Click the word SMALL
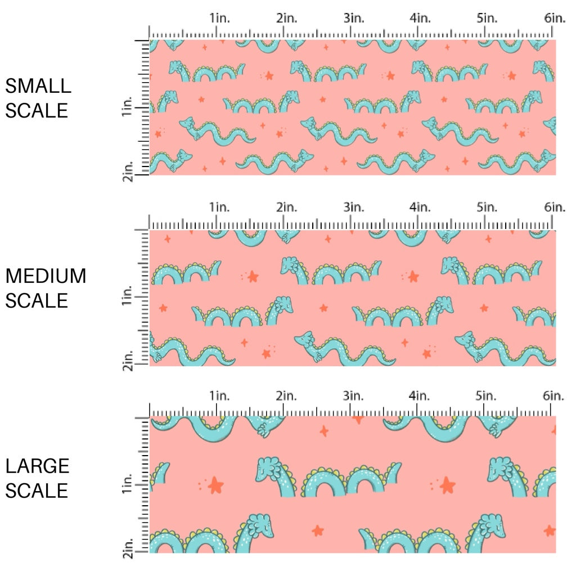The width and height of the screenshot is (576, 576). (x=38, y=86)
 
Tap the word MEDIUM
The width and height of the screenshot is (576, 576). (x=46, y=276)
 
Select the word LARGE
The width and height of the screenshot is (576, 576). (x=38, y=466)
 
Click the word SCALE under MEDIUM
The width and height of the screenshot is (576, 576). (x=37, y=300)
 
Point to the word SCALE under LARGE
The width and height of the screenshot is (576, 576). (x=37, y=490)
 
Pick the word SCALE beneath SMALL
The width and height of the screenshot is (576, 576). (x=37, y=110)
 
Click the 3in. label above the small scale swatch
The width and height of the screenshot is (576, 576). (x=354, y=18)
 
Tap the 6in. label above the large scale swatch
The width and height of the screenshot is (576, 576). (x=554, y=396)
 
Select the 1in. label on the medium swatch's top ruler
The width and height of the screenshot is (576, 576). (x=220, y=207)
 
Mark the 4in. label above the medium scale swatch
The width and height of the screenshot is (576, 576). (x=420, y=207)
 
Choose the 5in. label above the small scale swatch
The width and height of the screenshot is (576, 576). (x=487, y=18)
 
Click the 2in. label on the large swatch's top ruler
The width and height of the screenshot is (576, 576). (x=287, y=396)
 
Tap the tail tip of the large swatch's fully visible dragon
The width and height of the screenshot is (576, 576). (x=398, y=466)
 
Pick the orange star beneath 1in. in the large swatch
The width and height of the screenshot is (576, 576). (x=215, y=484)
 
